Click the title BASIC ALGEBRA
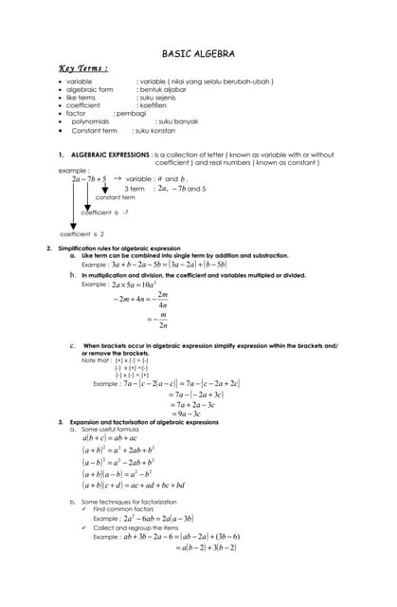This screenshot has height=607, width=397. (x=198, y=54)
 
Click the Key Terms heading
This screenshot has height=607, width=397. (x=83, y=68)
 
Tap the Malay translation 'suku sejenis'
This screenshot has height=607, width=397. (x=164, y=98)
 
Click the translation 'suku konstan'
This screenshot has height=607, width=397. (x=155, y=131)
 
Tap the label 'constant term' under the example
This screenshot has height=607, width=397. (x=115, y=197)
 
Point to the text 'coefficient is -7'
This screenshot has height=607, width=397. (x=104, y=212)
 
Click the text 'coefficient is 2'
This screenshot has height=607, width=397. (x=81, y=233)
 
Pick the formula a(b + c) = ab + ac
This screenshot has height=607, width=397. (x=109, y=438)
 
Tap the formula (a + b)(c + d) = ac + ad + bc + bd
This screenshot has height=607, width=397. (x=133, y=485)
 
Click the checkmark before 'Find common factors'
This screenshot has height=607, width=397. (x=84, y=509)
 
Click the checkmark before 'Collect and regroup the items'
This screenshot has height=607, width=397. (x=84, y=527)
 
